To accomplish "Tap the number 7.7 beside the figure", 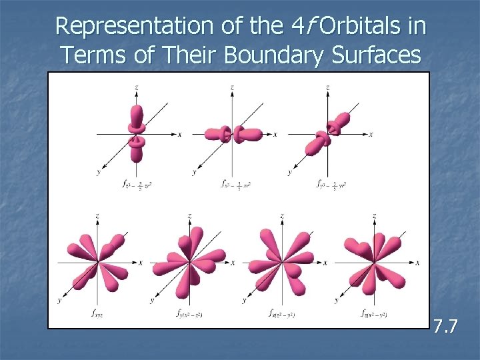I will [x=445, y=327].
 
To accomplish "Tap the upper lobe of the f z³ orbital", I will [x=137, y=115].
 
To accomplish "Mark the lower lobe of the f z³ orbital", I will [x=137, y=151].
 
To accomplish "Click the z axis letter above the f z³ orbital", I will [x=136, y=87].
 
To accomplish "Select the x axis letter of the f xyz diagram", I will [x=140, y=263].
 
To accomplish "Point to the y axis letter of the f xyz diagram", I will [x=60, y=300].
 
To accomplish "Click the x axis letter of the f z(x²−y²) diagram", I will [x=417, y=263].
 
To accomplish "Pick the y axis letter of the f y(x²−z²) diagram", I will [x=152, y=300].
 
